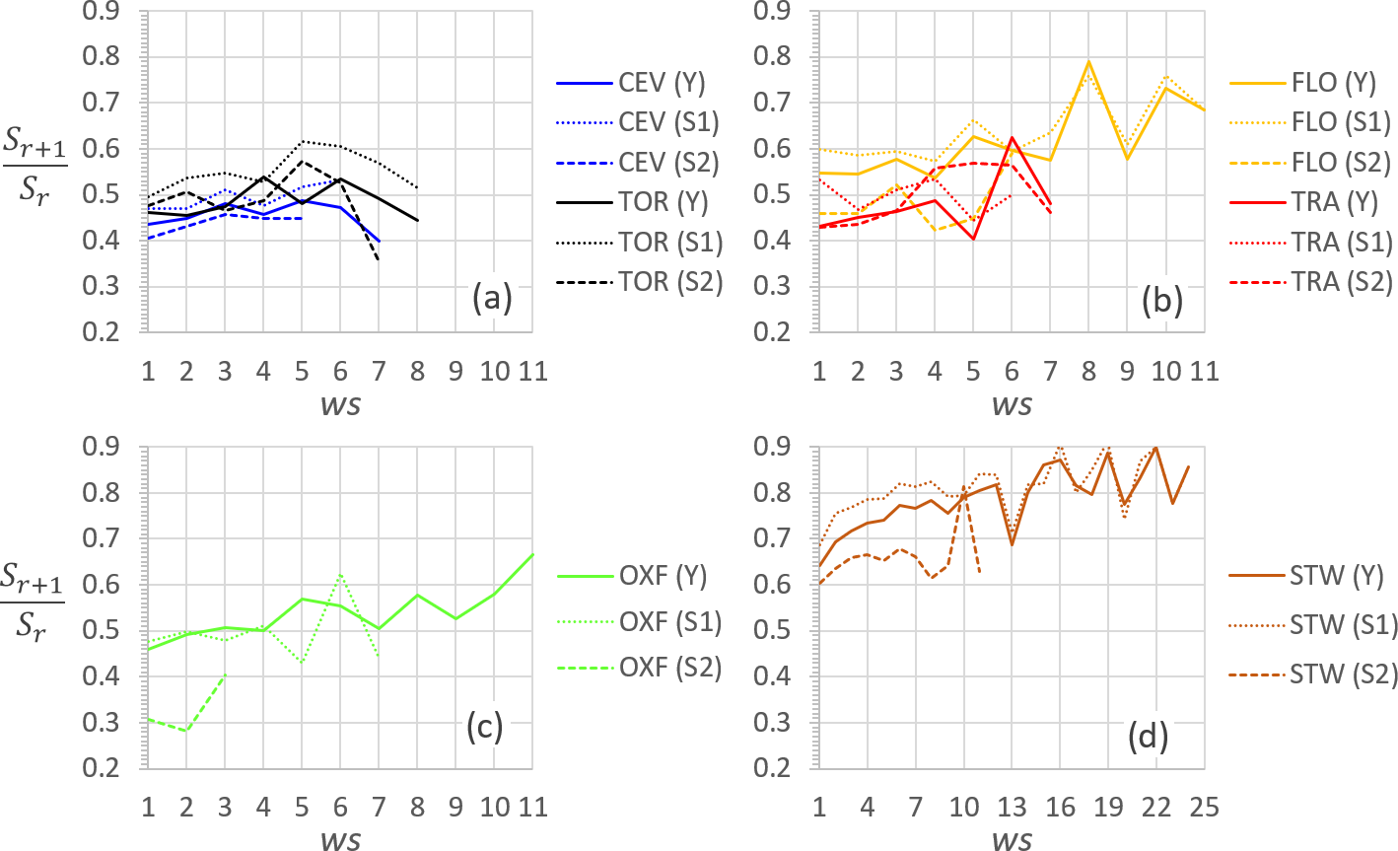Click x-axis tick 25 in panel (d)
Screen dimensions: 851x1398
click(x=1204, y=808)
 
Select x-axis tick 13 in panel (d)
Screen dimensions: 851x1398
click(x=1012, y=808)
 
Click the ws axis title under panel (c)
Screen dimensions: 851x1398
click(x=340, y=839)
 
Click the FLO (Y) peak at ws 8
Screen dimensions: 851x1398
click(x=1088, y=62)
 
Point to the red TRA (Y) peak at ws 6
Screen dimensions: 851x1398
click(x=1012, y=138)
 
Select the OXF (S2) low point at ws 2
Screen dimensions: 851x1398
click(x=185, y=731)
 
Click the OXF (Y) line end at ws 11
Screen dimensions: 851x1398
click(x=532, y=554)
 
